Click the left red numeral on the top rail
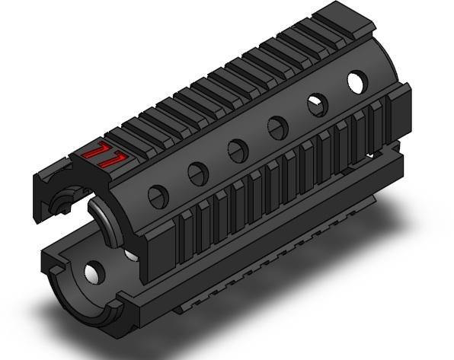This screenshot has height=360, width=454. (x=94, y=153)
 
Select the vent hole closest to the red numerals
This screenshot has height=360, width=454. (x=158, y=197)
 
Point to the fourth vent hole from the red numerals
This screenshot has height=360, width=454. (x=277, y=127)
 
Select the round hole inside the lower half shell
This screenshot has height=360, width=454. (x=94, y=271)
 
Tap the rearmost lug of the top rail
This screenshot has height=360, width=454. (x=339, y=14)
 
